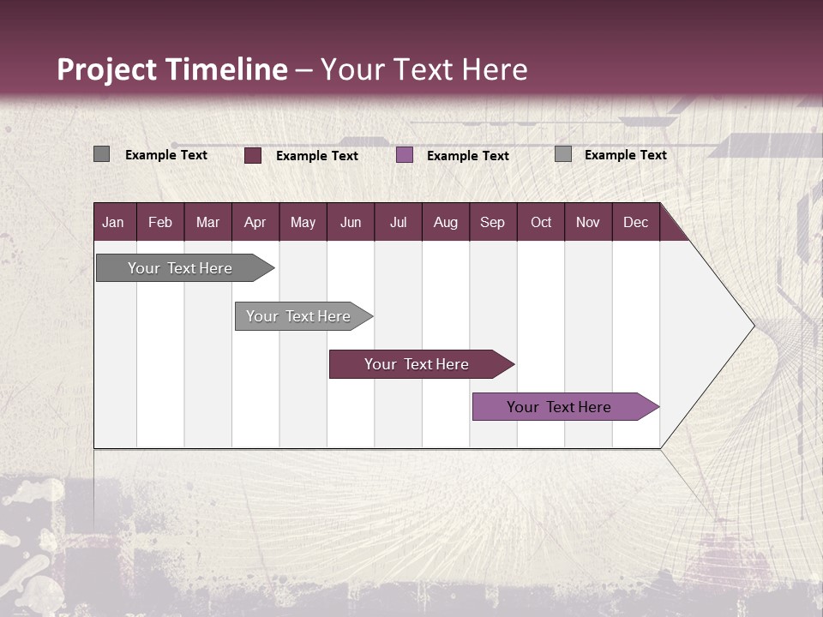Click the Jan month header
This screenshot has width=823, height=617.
tap(114, 222)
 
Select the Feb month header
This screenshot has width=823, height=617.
tap(160, 222)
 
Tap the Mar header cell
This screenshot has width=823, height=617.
tap(207, 222)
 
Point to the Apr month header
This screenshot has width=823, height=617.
tap(255, 222)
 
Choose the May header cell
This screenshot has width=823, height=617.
tap(303, 222)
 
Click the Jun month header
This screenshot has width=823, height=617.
tap(351, 222)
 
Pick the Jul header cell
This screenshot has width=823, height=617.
tap(398, 222)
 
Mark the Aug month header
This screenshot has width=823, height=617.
tap(446, 222)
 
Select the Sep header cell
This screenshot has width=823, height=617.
tap(493, 222)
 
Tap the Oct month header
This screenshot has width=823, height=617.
tap(541, 222)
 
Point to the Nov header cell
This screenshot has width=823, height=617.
tap(588, 222)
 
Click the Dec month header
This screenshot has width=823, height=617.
tap(636, 222)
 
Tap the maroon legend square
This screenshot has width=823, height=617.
tap(253, 155)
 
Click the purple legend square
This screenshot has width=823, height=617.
tap(405, 155)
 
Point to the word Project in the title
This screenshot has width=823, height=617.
tap(106, 69)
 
